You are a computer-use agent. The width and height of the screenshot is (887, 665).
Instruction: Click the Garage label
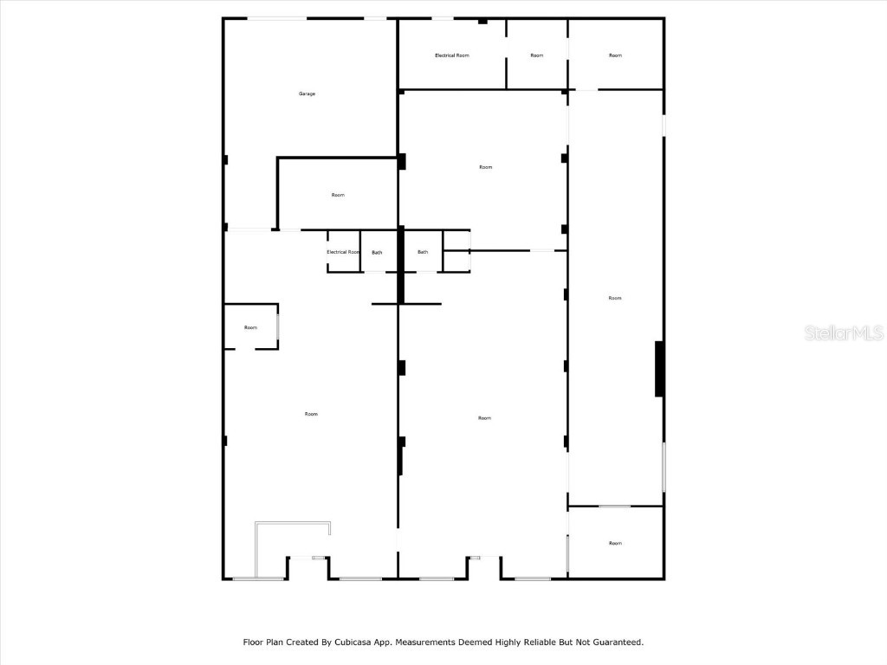[x=308, y=94]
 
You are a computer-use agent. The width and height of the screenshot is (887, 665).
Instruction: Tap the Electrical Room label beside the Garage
[x=452, y=55]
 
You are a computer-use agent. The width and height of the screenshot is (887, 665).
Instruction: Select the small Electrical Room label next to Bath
[x=343, y=252]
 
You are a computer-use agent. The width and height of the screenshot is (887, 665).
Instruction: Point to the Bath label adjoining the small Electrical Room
[x=378, y=253]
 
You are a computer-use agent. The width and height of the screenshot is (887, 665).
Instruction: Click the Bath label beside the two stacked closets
[x=423, y=252]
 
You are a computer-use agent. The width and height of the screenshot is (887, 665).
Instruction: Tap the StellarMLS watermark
[x=844, y=332]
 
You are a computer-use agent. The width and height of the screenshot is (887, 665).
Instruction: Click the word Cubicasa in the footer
[x=353, y=642]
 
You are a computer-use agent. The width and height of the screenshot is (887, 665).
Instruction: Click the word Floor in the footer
[x=254, y=642]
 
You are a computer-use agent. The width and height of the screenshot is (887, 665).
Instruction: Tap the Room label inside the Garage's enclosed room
[x=338, y=195]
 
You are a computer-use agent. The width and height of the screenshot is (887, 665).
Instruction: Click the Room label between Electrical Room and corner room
[x=537, y=55]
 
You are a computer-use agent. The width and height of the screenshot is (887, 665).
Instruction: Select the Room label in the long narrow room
[x=615, y=298]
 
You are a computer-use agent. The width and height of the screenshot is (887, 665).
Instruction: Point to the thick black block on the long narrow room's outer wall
[x=659, y=369]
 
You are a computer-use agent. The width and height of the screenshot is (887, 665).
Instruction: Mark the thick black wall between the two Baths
[x=401, y=265]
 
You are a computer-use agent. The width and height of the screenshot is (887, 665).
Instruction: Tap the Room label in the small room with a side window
[x=250, y=327]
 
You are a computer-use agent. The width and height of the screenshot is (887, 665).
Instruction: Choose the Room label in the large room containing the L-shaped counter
[x=311, y=414]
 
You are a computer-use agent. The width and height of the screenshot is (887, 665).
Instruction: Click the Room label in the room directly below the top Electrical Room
[x=485, y=167]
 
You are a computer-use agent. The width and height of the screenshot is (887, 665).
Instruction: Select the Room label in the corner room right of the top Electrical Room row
[x=616, y=55]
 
